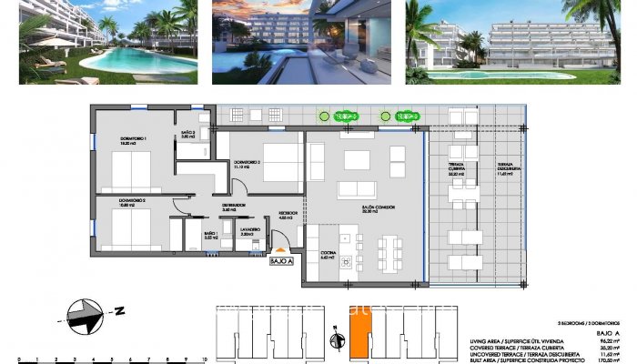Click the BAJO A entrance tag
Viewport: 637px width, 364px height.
pos(281,261)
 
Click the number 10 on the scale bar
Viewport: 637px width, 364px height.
pos(213,359)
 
